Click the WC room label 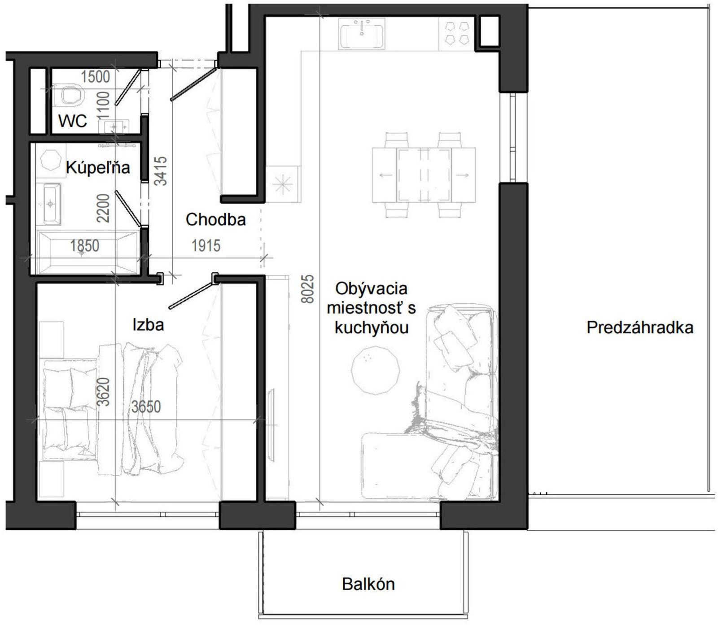pyautogui.click(x=73, y=121)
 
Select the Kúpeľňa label pyautogui.click(x=98, y=167)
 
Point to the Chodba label pyautogui.click(x=216, y=219)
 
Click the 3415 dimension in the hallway pyautogui.click(x=161, y=171)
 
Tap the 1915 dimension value pyautogui.click(x=206, y=245)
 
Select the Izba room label pyautogui.click(x=148, y=324)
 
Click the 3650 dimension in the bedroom pyautogui.click(x=146, y=406)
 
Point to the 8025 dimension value pyautogui.click(x=308, y=289)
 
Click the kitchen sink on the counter pyautogui.click(x=362, y=34)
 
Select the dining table pyautogui.click(x=424, y=175)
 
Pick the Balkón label pyautogui.click(x=368, y=584)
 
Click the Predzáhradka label pyautogui.click(x=640, y=328)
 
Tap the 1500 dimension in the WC pyautogui.click(x=95, y=77)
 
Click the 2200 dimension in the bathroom pyautogui.click(x=104, y=208)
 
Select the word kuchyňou pyautogui.click(x=372, y=328)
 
